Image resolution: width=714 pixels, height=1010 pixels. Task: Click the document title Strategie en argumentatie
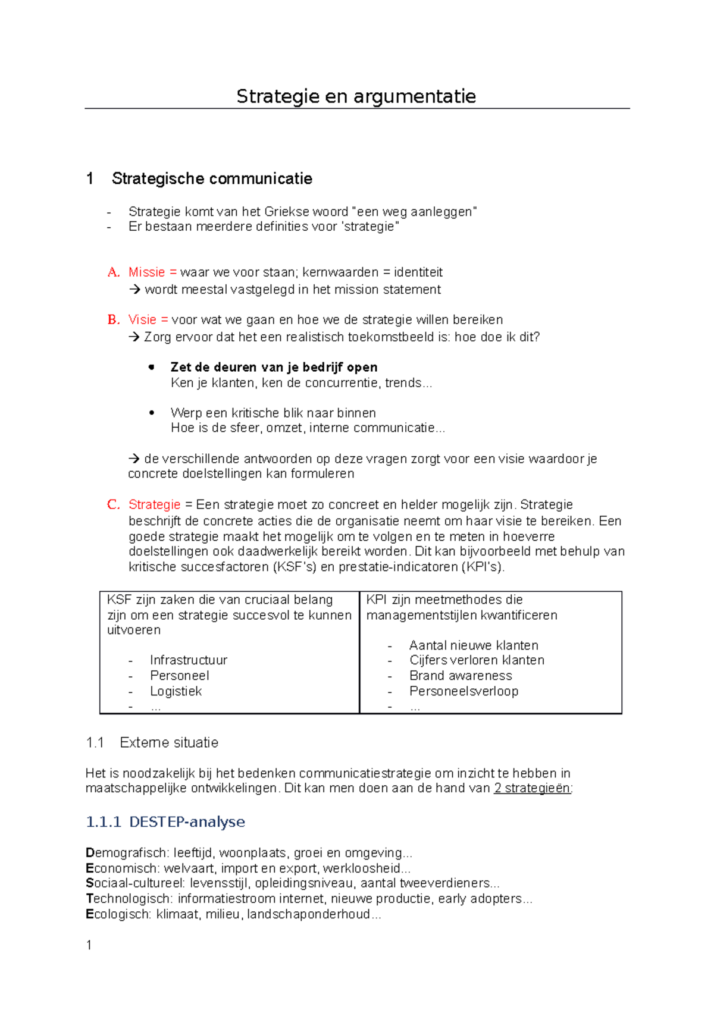coord(356,96)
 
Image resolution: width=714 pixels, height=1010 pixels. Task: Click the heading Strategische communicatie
coord(212,178)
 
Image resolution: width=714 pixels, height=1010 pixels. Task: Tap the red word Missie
coord(146,272)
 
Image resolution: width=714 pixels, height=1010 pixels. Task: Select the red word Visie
coord(142,320)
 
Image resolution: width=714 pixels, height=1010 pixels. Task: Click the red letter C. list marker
coord(113,505)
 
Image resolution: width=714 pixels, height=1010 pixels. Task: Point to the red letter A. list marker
coord(113,272)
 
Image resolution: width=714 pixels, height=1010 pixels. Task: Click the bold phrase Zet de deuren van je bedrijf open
coord(274,367)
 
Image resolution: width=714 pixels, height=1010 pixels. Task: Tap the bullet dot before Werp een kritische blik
coord(152,413)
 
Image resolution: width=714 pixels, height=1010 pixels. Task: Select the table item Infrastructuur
coord(189,660)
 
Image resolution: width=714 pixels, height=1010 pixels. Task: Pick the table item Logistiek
coord(176,691)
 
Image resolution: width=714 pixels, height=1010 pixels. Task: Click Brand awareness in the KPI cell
coord(461,676)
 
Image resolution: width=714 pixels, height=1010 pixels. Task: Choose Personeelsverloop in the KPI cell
coord(464,691)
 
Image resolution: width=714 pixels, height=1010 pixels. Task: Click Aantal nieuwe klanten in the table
coord(474,645)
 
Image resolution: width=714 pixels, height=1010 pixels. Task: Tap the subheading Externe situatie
coord(169,743)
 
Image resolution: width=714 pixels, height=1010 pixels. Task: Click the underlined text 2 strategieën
coord(533,789)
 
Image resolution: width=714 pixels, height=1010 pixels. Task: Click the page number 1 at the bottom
coord(89,945)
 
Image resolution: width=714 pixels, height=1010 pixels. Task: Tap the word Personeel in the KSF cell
coord(180,676)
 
